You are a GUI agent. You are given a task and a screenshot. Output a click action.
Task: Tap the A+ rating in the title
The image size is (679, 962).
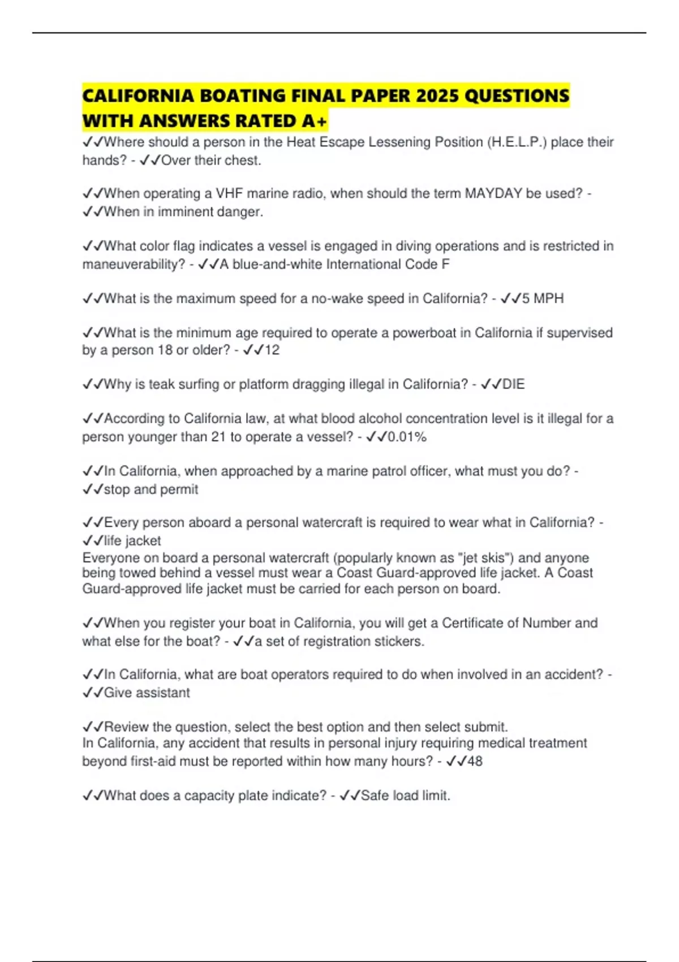point(315,121)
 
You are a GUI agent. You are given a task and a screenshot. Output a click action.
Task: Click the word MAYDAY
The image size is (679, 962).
point(493,194)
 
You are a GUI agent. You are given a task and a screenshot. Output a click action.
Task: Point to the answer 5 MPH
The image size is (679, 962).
point(543,298)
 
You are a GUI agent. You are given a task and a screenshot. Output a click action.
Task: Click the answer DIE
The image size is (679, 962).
point(513,384)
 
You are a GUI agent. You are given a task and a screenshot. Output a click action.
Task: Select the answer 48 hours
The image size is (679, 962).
point(475,761)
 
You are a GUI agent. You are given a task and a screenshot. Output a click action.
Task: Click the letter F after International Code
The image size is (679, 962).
point(446,264)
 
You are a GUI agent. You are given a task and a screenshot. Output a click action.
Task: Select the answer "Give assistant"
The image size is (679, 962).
point(147,693)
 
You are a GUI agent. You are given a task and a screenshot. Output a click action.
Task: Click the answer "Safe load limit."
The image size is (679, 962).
point(405,796)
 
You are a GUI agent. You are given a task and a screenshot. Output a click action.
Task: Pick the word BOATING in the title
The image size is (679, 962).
point(243,96)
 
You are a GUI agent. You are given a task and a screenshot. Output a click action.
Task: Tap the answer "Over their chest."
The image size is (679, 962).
point(211,161)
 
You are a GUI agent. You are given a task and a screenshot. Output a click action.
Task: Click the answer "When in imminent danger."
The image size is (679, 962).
point(183,212)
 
